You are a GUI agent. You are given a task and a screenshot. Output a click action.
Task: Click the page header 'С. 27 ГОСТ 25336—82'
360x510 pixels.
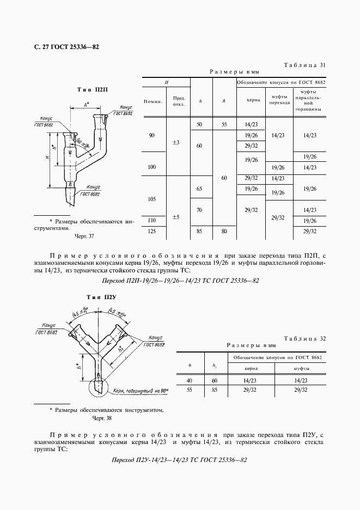[63, 47]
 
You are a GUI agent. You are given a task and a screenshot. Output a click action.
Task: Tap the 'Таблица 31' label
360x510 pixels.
[305, 65]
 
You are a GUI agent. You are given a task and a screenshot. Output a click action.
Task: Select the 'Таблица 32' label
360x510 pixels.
[305, 338]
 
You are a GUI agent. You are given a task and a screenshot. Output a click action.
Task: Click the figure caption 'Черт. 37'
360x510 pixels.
[84, 236]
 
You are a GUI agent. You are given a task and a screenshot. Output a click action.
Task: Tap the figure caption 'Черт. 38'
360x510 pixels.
[101, 418]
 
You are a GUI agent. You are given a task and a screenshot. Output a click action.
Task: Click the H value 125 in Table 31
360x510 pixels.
[152, 232]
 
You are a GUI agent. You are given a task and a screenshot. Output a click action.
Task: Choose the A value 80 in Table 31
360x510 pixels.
[224, 232]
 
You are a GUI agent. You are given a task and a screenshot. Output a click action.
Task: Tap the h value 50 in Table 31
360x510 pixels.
[199, 125]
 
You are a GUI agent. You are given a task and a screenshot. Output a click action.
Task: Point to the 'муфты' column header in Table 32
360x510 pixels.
[297, 369]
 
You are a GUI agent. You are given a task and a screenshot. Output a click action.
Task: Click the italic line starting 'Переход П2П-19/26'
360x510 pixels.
[180, 281]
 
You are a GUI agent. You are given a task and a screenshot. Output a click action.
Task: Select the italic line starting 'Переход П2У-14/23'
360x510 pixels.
[179, 460]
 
